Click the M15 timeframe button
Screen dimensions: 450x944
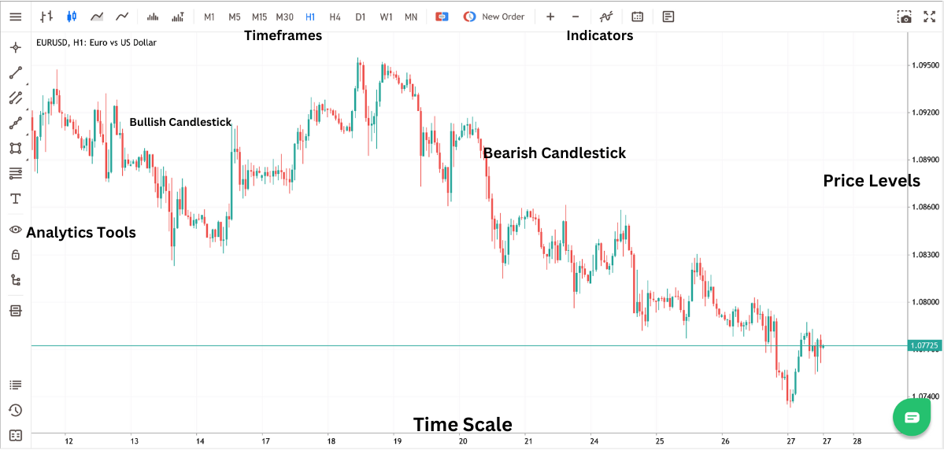259,17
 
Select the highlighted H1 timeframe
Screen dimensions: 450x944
310,17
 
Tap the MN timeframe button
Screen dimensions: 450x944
411,17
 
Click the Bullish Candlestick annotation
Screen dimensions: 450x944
180,122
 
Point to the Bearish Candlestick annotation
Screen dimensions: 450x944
554,153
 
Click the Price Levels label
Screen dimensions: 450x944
872,181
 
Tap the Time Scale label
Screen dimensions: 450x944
462,425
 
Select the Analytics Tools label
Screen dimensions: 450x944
81,232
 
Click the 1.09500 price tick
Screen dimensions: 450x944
924,65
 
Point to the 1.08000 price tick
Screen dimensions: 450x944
924,302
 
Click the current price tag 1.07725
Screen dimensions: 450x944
924,345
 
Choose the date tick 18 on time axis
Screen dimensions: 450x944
331,441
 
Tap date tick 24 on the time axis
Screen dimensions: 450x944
594,441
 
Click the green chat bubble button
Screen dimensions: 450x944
912,417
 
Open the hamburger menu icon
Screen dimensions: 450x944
15,17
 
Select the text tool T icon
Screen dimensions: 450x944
15,198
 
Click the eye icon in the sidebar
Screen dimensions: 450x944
15,229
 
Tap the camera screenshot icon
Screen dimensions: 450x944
905,17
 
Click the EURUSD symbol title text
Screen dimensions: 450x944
96,42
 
